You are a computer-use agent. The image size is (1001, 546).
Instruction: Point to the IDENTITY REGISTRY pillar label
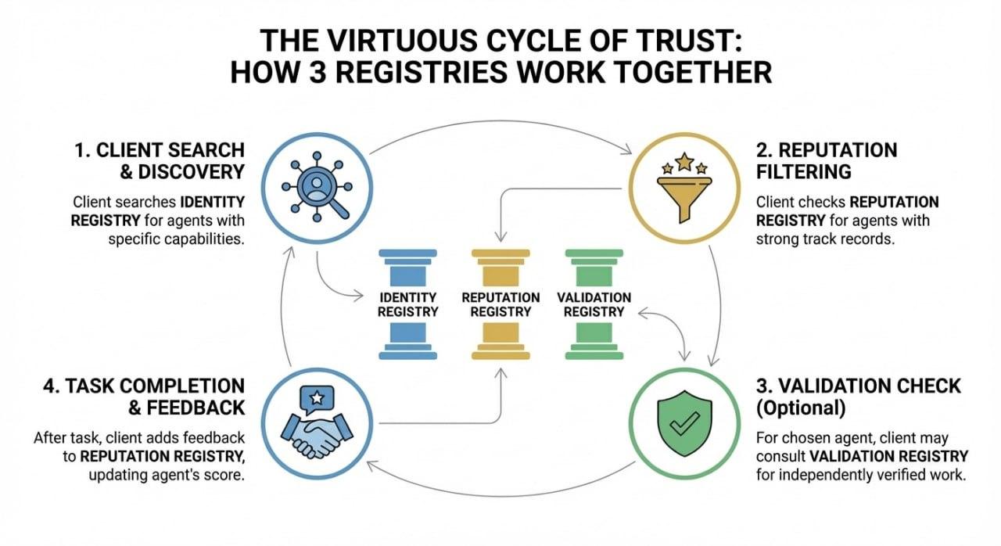pyautogui.click(x=407, y=304)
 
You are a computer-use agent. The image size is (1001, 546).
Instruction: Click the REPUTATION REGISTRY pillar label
pyautogui.click(x=500, y=304)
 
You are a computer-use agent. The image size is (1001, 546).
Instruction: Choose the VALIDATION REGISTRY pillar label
pyautogui.click(x=594, y=304)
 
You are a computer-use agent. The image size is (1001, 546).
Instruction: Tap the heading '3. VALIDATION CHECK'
pyautogui.click(x=859, y=386)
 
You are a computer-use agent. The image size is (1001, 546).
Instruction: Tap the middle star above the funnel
pyautogui.click(x=684, y=162)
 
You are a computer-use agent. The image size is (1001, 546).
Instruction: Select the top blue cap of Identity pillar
pyautogui.click(x=407, y=254)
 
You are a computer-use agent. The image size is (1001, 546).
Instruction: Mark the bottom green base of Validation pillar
pyautogui.click(x=594, y=355)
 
